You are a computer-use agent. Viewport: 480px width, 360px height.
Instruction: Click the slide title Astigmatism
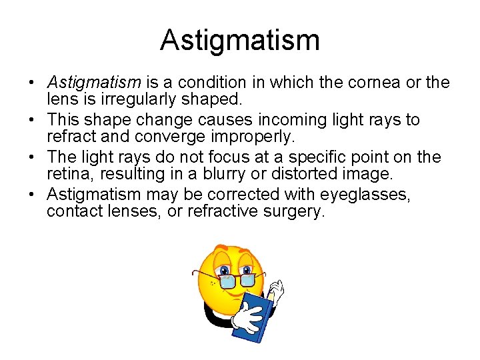pos(240,40)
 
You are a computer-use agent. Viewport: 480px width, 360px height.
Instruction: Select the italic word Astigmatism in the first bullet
pos(93,83)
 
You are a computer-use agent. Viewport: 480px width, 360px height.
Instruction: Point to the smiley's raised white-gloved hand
pos(276,290)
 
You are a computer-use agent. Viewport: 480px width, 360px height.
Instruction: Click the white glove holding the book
pos(247,317)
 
